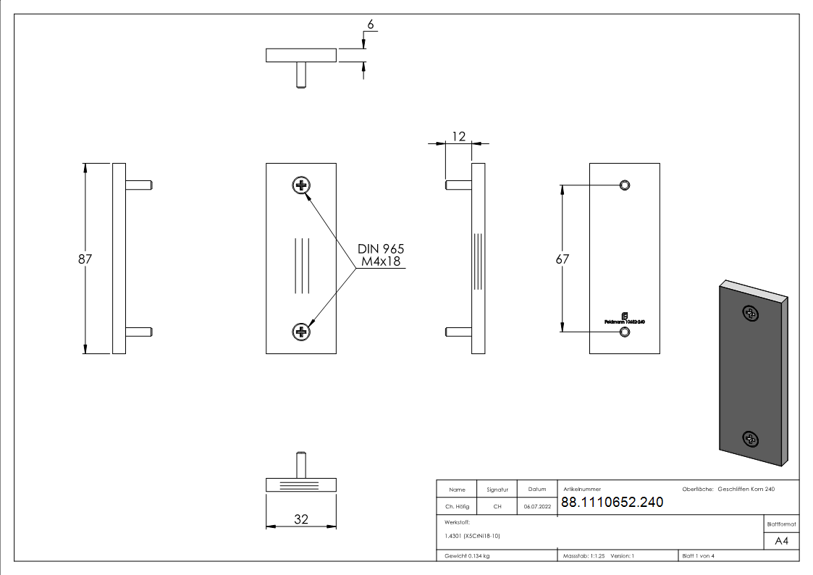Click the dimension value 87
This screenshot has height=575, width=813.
85,259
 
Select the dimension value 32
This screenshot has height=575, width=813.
301,519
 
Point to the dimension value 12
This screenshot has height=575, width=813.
458,135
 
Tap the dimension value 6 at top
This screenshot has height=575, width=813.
370,25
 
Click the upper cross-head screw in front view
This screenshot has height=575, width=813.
301,185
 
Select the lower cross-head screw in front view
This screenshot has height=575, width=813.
301,332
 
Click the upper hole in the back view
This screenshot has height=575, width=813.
625,185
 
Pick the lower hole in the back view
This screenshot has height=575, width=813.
625,332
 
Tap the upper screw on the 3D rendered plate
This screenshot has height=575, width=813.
751,314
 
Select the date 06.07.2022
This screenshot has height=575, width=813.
537,507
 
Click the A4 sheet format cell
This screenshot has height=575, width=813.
781,541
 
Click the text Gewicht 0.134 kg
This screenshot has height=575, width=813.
467,556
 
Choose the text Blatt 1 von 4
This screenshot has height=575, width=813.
698,556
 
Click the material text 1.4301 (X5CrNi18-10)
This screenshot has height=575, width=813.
473,536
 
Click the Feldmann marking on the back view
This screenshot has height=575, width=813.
624,319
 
